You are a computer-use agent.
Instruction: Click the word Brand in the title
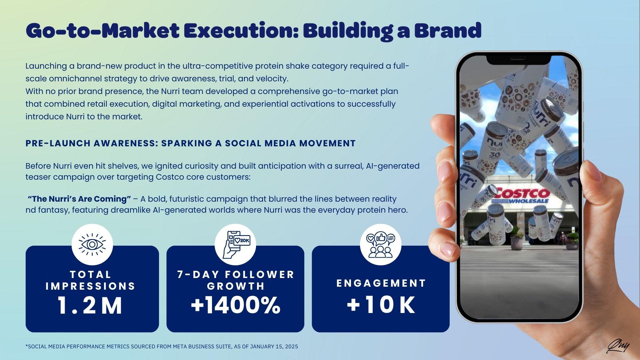[448, 30]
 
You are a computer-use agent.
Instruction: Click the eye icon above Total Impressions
[92, 244]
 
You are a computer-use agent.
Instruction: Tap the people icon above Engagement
[380, 244]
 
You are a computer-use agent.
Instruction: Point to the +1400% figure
[235, 305]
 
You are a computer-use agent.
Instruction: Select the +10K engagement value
[381, 305]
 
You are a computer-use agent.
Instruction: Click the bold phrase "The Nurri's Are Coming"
[79, 199]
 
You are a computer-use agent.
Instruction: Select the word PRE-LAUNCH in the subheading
[58, 143]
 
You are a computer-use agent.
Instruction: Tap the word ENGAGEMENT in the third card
[381, 283]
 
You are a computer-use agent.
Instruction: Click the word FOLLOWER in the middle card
[260, 274]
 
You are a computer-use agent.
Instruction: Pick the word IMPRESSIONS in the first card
[90, 286]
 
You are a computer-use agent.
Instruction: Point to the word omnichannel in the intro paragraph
[76, 79]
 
